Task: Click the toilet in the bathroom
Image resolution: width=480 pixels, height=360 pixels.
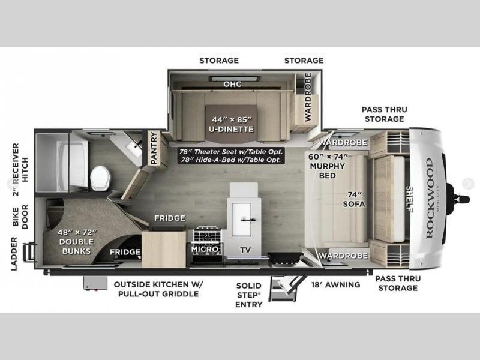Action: click(100, 178)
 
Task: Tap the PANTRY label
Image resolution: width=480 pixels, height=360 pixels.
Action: click(154, 148)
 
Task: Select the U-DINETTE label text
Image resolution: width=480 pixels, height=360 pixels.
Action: click(232, 129)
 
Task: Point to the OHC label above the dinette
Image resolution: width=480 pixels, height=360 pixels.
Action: click(232, 84)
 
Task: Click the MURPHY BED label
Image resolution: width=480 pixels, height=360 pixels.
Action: click(328, 171)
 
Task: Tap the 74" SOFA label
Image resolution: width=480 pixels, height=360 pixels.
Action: click(354, 199)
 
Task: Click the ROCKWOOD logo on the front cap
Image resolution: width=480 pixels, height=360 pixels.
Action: click(430, 198)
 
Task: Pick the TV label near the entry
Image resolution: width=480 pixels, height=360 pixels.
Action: click(245, 250)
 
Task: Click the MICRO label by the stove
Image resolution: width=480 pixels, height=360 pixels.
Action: click(205, 249)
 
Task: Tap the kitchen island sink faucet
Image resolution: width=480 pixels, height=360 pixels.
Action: click(248, 220)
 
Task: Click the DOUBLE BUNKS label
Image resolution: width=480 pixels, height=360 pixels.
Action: click(77, 247)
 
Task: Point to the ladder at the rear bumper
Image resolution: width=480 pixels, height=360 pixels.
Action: click(28, 251)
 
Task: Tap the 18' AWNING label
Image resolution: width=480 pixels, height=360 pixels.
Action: click(336, 284)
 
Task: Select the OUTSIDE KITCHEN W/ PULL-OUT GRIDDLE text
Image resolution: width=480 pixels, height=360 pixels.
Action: click(158, 289)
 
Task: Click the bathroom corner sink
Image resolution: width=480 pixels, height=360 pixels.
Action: click(134, 148)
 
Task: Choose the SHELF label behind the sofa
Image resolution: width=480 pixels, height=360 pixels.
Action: click(409, 198)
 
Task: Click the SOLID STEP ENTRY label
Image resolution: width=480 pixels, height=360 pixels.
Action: click(249, 295)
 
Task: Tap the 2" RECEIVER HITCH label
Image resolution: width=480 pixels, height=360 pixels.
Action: click(20, 169)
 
